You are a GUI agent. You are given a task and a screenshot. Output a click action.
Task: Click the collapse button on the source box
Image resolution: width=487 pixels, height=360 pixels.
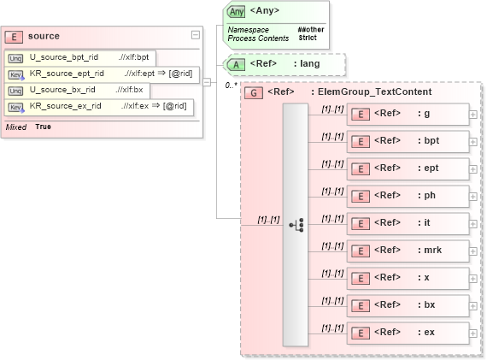click(196, 35)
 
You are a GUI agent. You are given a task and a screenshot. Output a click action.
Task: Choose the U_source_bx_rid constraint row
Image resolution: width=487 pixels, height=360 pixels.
click(77, 90)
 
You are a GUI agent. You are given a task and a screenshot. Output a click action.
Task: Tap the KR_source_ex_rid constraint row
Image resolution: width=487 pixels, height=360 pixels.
click(99, 106)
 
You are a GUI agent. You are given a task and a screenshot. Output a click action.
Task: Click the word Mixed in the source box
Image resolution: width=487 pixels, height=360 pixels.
click(16, 127)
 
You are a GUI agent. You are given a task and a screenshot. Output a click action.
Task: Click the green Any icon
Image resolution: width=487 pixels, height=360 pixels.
click(237, 12)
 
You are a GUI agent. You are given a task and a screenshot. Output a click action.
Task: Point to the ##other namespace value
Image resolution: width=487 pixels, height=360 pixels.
click(309, 29)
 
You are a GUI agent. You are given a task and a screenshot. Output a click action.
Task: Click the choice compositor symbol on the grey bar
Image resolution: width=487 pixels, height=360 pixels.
click(296, 225)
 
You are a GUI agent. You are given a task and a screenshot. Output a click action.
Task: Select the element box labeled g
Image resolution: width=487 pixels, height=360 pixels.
click(407, 114)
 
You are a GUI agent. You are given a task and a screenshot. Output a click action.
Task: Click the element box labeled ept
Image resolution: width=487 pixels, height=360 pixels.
click(407, 168)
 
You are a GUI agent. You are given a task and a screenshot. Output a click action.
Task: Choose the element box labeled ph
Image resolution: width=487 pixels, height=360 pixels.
click(407, 196)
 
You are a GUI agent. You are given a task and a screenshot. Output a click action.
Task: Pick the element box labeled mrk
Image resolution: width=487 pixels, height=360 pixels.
click(407, 251)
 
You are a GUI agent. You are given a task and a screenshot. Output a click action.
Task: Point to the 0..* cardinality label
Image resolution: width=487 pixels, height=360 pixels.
click(230, 85)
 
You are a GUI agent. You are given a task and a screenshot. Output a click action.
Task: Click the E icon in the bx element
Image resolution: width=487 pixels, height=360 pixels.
click(361, 304)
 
